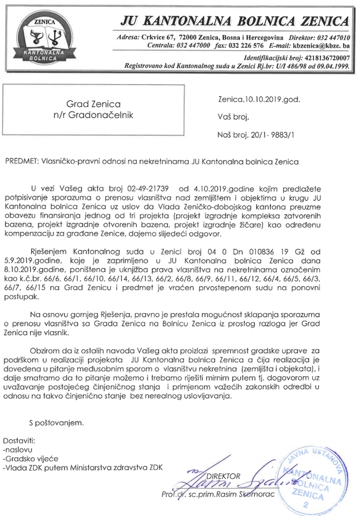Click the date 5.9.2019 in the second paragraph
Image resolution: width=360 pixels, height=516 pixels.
click(x=44, y=261)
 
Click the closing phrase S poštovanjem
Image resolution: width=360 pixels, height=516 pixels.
click(x=56, y=422)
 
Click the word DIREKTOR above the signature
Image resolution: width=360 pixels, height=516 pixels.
click(x=223, y=476)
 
